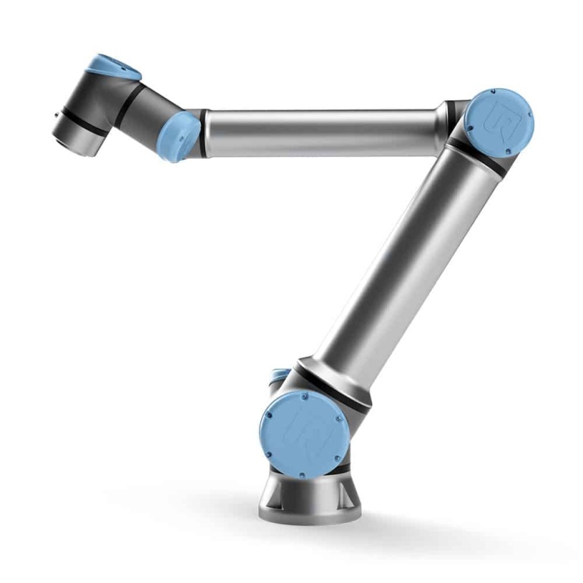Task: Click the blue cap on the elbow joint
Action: (499, 119)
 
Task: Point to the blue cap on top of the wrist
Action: (112, 66)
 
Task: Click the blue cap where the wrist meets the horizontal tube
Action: (177, 137)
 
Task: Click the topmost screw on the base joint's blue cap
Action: (301, 396)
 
